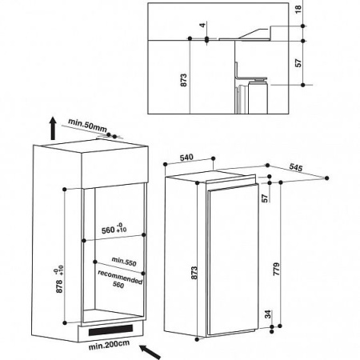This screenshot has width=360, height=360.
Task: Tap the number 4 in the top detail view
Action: tap(203, 25)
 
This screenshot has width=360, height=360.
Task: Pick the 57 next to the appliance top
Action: tap(265, 196)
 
